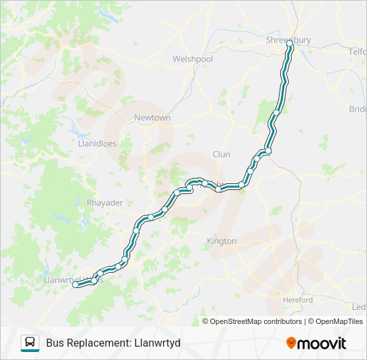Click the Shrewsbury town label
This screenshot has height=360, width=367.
(x=288, y=40)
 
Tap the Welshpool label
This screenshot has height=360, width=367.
(x=192, y=59)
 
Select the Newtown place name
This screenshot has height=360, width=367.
(x=152, y=118)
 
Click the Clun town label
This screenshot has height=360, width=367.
(x=221, y=155)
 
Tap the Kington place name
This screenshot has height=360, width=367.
(x=222, y=241)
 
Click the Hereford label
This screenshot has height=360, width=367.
(x=298, y=300)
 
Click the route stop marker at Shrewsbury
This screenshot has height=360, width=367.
(x=290, y=45)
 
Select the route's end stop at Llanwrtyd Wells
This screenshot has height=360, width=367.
(x=75, y=285)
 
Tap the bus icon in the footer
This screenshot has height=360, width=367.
(x=30, y=343)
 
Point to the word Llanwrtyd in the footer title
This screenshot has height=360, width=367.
(x=157, y=343)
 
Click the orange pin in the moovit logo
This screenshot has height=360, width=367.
(x=292, y=343)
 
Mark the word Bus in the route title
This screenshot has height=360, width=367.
(x=55, y=343)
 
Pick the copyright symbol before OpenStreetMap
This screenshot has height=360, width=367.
(x=206, y=321)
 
